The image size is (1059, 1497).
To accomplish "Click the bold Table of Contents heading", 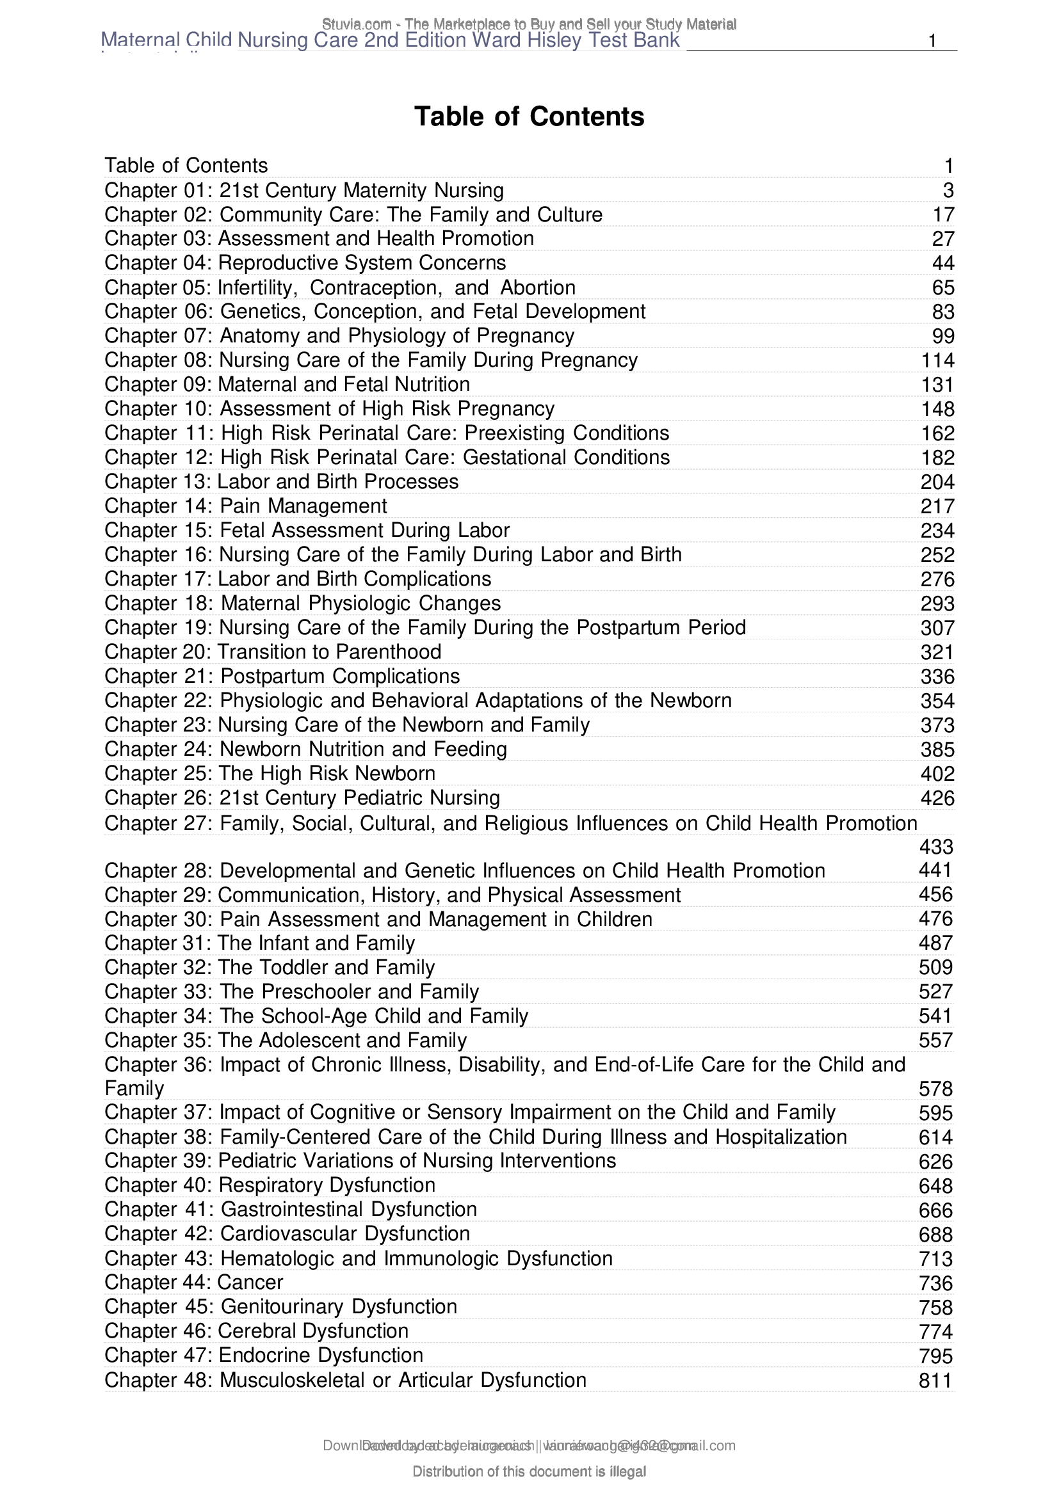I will point(529,116).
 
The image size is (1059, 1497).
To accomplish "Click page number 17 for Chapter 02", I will point(943,214).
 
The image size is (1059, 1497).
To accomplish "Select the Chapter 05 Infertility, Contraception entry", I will point(340,287).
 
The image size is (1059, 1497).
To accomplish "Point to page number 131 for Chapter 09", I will point(938,385).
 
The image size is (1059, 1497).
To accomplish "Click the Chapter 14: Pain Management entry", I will point(246,506).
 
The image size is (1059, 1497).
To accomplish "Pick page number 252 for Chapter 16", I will point(938,555).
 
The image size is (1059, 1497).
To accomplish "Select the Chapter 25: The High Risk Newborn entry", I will point(270,773).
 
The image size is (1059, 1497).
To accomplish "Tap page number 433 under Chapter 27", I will point(937,847).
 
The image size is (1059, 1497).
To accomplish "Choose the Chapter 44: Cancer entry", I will point(193,1283).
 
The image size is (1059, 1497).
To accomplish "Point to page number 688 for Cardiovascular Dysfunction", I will point(937,1234).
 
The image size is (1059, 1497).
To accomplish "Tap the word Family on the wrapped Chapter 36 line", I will point(134,1088).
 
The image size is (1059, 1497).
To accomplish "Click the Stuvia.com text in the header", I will point(356,24).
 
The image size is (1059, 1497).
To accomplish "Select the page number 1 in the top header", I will point(932,40).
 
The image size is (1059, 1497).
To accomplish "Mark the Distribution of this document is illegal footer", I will point(529,1471).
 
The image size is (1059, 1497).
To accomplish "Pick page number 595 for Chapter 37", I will point(937,1113).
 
